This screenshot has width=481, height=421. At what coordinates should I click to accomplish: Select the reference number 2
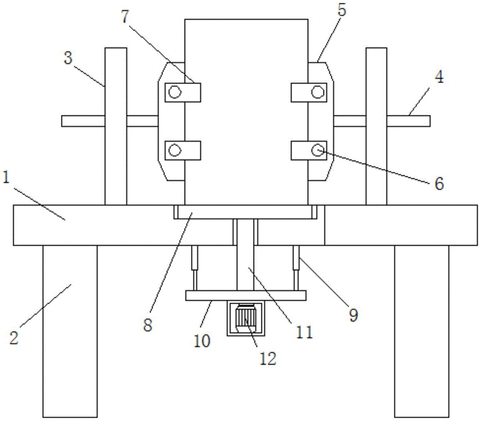[x=14, y=338]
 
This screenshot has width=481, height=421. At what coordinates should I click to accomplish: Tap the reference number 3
[x=68, y=58]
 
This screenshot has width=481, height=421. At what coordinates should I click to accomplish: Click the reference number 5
[x=342, y=11]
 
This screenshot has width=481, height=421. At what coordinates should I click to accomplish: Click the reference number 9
[x=353, y=315]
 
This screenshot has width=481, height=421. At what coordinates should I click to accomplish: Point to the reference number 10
[x=203, y=341]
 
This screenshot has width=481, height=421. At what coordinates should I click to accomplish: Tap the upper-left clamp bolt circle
[x=174, y=92]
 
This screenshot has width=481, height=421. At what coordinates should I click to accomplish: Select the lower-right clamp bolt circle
[x=317, y=150]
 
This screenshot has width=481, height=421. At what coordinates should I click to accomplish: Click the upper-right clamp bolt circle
[x=317, y=92]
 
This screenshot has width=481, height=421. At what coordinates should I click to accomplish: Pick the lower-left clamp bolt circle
[x=174, y=150]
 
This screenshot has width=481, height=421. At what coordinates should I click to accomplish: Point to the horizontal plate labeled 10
[x=245, y=296]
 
